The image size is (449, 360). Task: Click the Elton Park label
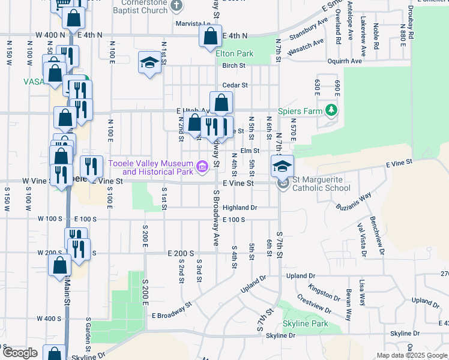(235, 53)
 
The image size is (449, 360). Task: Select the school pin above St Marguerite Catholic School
(282, 166)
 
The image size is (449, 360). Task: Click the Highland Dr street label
(240, 208)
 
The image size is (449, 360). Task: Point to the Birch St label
(234, 65)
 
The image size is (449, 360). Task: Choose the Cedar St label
(235, 85)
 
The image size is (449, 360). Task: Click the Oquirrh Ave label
(345, 61)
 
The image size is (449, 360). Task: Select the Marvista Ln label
(190, 25)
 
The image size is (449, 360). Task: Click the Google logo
(19, 353)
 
